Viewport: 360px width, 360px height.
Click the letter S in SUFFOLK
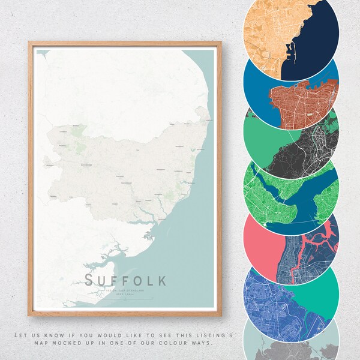(x=90, y=280)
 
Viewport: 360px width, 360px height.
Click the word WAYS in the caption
(x=202, y=343)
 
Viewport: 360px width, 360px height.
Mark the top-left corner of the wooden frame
(x=29, y=43)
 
